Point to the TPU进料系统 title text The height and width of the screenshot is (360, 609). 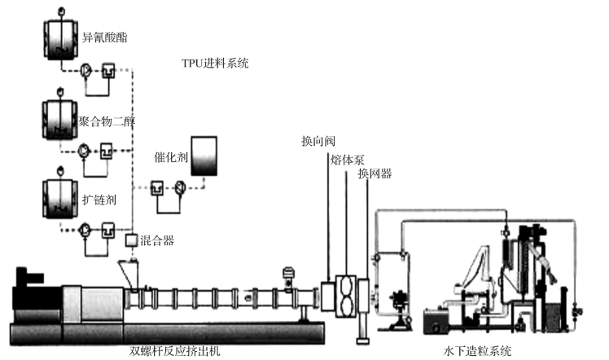pyautogui.click(x=215, y=63)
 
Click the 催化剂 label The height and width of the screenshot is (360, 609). pyautogui.click(x=171, y=157)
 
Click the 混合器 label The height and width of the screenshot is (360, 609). pyautogui.click(x=157, y=240)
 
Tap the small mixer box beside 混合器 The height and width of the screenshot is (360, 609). pyautogui.click(x=131, y=239)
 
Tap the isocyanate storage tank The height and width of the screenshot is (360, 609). pyautogui.click(x=60, y=37)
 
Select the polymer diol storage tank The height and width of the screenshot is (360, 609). pyautogui.click(x=60, y=120)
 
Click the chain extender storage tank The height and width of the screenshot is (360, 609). pyautogui.click(x=60, y=195)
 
